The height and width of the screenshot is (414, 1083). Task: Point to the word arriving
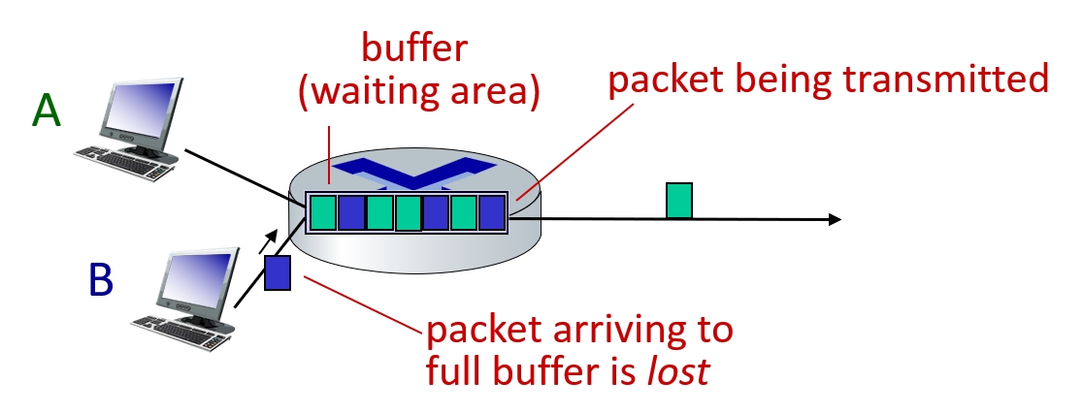pyautogui.click(x=607, y=330)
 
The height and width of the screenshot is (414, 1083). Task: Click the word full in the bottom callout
pyautogui.click(x=456, y=371)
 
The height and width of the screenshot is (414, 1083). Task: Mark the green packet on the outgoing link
pyautogui.click(x=679, y=201)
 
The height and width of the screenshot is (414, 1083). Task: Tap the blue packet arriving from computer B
pyautogui.click(x=279, y=271)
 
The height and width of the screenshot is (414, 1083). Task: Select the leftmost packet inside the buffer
pyautogui.click(x=323, y=212)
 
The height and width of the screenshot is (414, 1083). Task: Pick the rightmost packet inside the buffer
pyautogui.click(x=492, y=212)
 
